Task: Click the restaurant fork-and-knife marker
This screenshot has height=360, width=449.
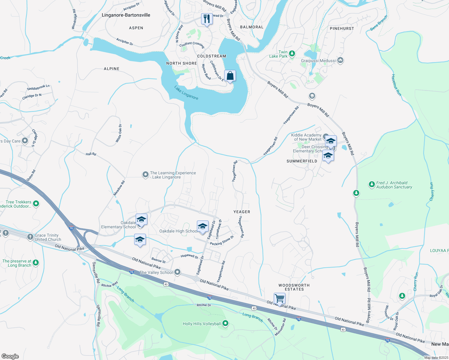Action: [206, 19]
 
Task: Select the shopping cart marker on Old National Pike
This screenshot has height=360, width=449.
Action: [279, 298]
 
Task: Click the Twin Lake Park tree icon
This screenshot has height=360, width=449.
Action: [292, 54]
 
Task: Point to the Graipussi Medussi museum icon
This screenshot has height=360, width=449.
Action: [340, 60]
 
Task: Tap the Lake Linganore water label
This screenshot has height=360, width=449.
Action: [186, 93]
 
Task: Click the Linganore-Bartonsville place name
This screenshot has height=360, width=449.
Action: [126, 15]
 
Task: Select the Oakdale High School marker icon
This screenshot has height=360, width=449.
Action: [203, 226]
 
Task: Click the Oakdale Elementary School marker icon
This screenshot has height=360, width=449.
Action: [141, 220]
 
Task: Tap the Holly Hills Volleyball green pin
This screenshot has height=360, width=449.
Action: [225, 323]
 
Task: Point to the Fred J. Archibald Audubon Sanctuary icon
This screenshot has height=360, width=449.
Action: [372, 184]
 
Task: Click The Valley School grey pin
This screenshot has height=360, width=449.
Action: [177, 272]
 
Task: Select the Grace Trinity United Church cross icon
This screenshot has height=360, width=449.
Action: [30, 237]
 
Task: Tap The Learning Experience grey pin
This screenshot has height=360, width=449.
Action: [145, 174]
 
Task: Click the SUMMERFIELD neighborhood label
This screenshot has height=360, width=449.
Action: [302, 161]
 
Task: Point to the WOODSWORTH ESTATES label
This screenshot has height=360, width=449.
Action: [294, 287]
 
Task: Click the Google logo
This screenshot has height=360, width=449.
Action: [10, 356]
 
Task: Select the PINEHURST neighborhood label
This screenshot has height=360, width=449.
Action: [342, 28]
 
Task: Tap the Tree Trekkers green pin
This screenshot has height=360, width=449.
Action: [36, 204]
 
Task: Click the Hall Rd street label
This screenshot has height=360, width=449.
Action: [91, 154]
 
